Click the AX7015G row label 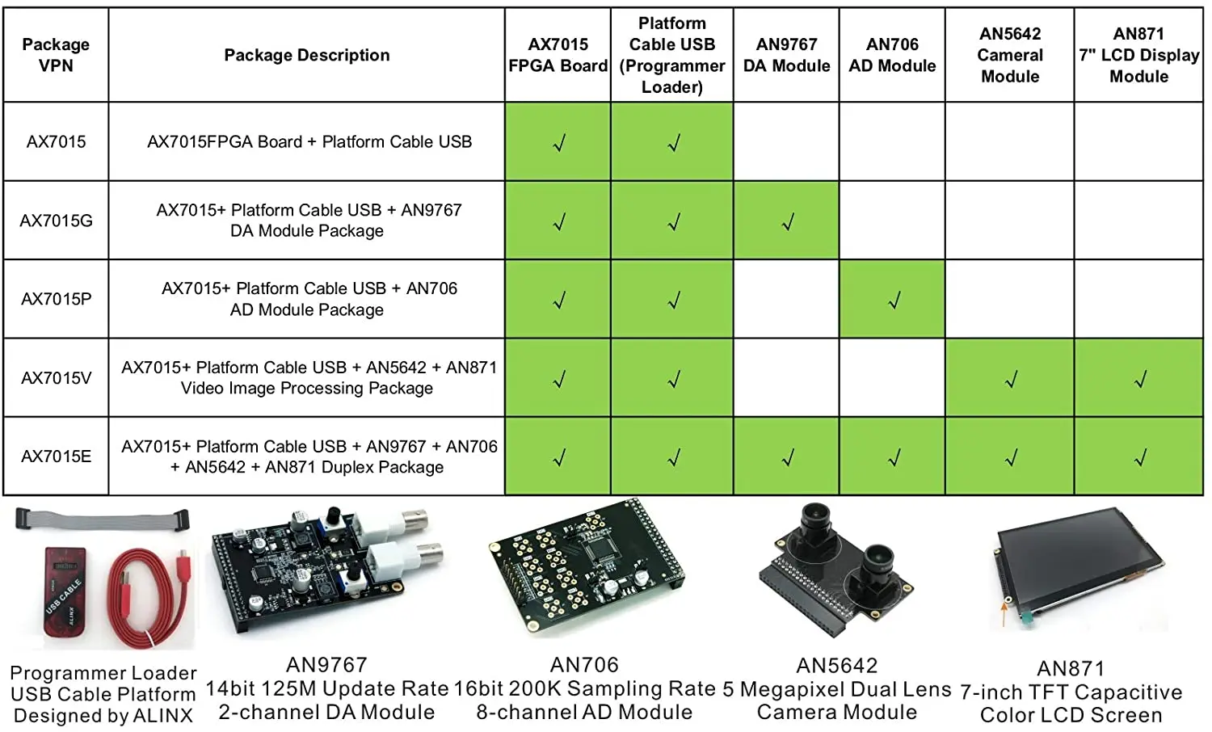click(x=57, y=221)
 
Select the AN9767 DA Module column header click(x=786, y=55)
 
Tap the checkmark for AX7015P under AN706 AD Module click(x=894, y=300)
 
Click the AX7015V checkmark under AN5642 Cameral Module click(x=1011, y=379)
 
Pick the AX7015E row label click(x=57, y=456)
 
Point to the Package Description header click(x=307, y=55)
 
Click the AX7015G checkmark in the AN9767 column click(x=788, y=221)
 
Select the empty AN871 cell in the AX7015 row click(x=1138, y=141)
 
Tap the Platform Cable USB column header click(x=672, y=55)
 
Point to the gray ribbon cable click(x=103, y=520)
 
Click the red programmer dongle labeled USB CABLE click(x=65, y=593)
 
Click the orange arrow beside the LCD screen click(x=1004, y=614)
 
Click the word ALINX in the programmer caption click(x=163, y=715)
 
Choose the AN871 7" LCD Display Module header click(x=1139, y=55)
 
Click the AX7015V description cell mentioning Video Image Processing click(x=307, y=377)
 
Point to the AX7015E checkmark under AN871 click(x=1141, y=458)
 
